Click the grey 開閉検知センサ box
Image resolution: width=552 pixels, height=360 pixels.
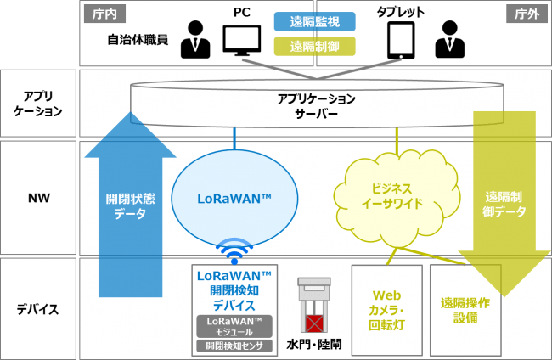pyautogui.click(x=234, y=346)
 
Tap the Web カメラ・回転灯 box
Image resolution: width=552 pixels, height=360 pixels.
pyautogui.click(x=387, y=308)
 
